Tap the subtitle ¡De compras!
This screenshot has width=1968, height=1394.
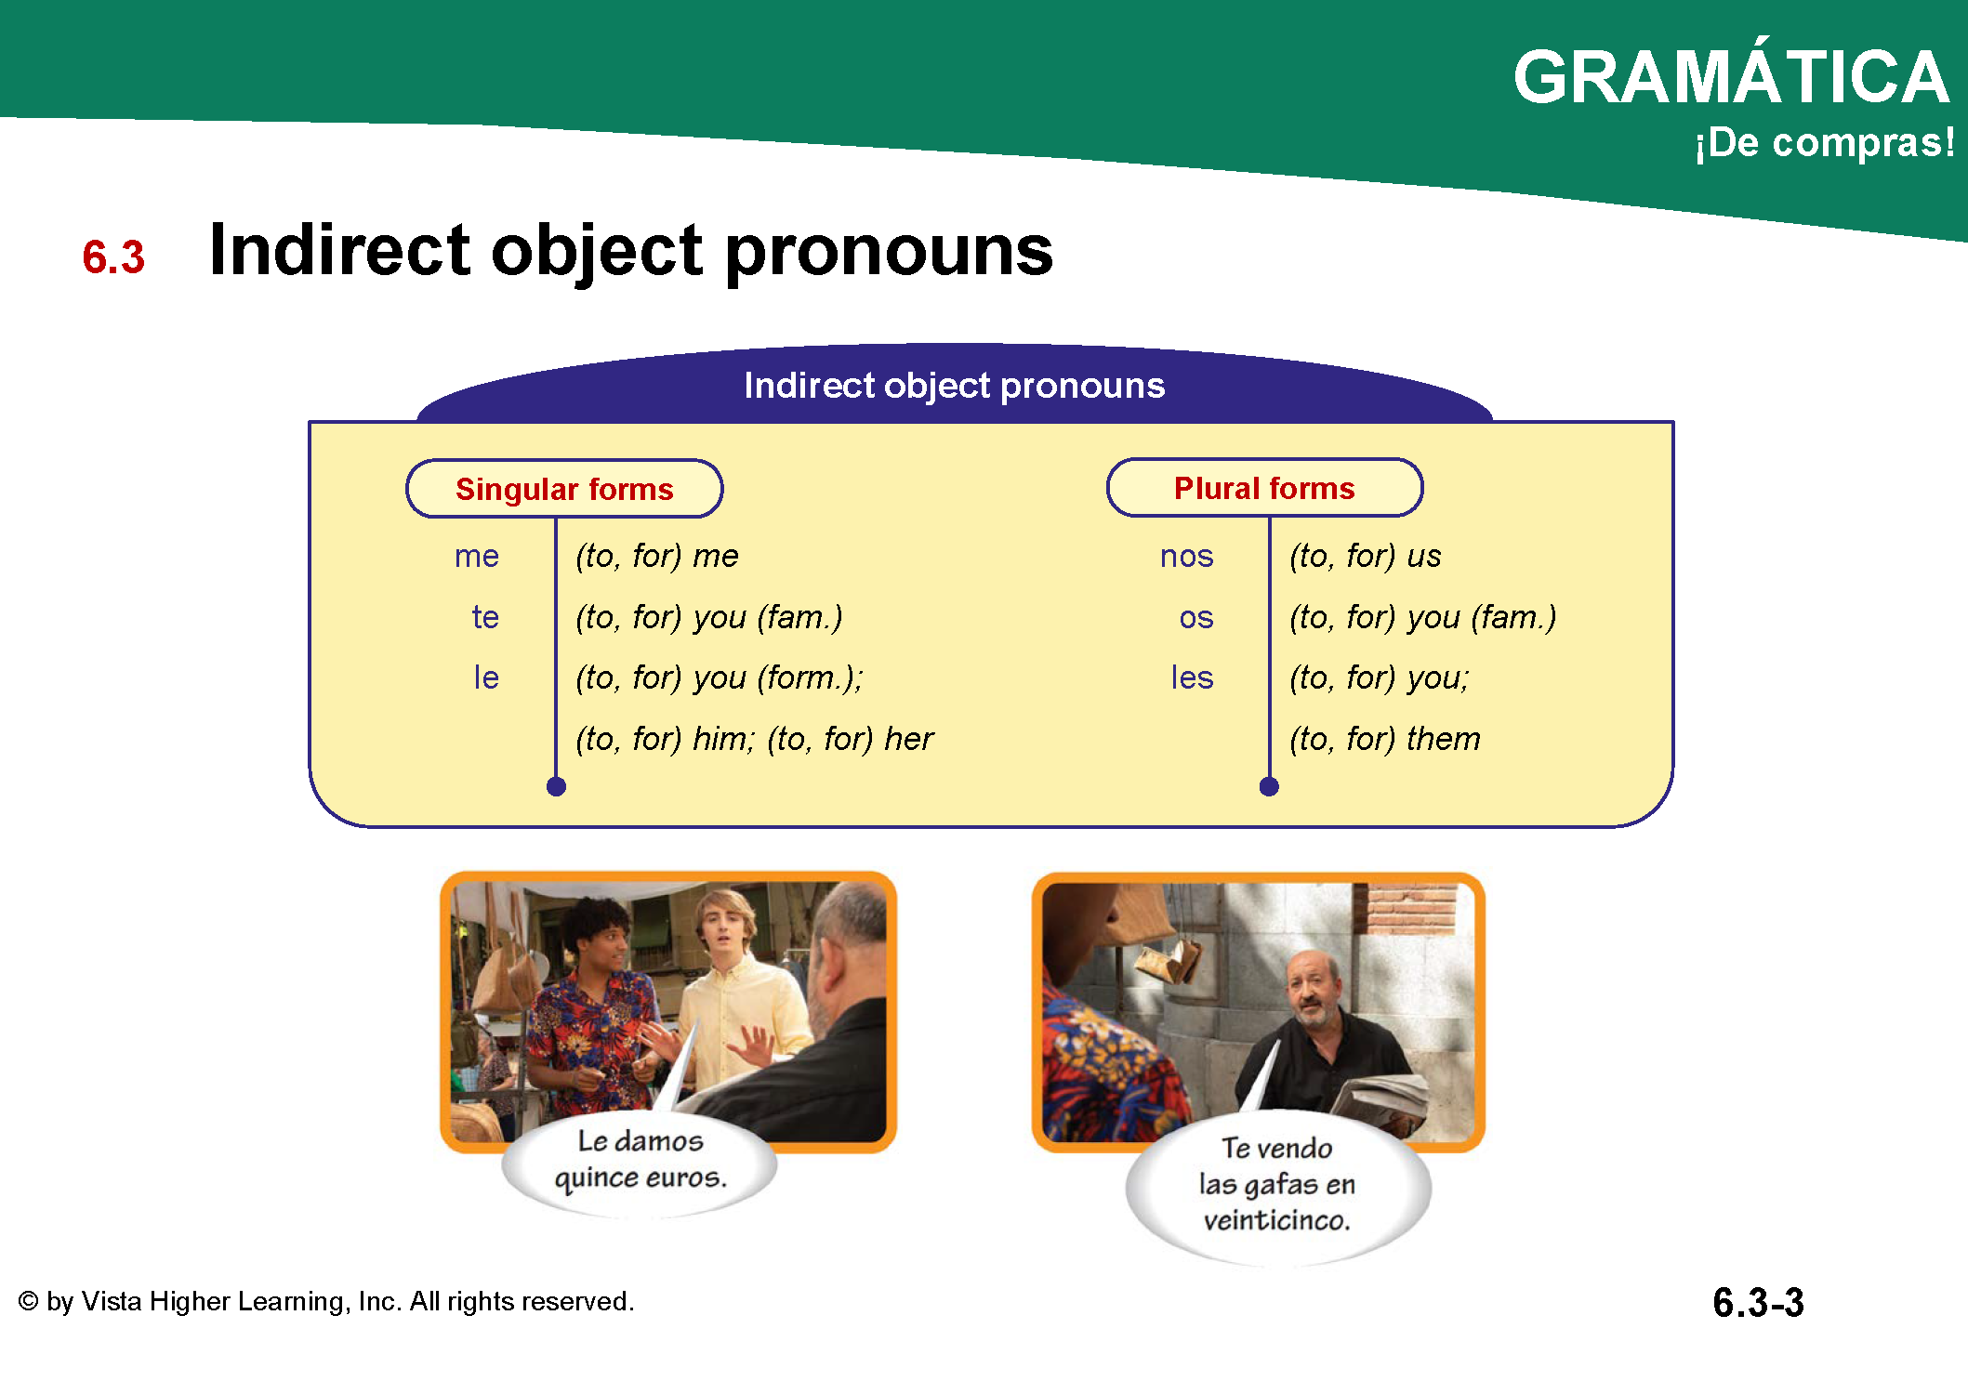(x=1824, y=143)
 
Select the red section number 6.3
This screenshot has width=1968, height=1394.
(x=113, y=256)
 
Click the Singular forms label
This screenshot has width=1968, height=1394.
(x=564, y=489)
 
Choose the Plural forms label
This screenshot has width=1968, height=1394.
(x=1264, y=488)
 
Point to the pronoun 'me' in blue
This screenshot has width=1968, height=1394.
(x=477, y=556)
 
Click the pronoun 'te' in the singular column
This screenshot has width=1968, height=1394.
(x=485, y=616)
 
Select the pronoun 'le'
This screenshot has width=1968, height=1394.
(x=486, y=677)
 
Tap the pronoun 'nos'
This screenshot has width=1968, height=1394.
(x=1187, y=556)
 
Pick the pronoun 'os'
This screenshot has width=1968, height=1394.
(x=1196, y=618)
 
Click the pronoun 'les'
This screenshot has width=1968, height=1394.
(x=1192, y=677)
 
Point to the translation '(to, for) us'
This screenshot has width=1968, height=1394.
(x=1365, y=556)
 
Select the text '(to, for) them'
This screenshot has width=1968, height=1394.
(x=1385, y=739)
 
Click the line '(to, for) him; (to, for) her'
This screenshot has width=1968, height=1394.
(x=754, y=739)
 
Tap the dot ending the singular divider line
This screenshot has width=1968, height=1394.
(x=556, y=787)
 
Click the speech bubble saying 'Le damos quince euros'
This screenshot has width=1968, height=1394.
(x=640, y=1162)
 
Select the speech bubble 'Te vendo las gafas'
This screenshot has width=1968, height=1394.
(x=1278, y=1185)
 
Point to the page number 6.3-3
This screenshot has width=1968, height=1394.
(x=1758, y=1302)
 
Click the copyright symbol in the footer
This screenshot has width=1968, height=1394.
(x=29, y=1301)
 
